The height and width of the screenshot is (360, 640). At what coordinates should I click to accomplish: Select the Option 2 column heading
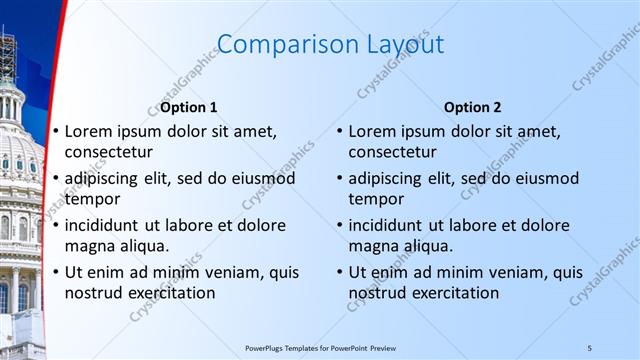[473, 107]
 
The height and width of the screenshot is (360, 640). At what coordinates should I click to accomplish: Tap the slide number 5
[590, 347]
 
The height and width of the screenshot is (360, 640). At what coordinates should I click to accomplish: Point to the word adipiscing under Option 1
[107, 179]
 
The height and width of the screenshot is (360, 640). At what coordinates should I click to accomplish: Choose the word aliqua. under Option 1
[143, 246]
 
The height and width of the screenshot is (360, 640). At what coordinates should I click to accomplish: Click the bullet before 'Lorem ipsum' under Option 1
[56, 132]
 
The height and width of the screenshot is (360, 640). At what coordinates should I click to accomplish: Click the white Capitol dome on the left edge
[18, 150]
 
